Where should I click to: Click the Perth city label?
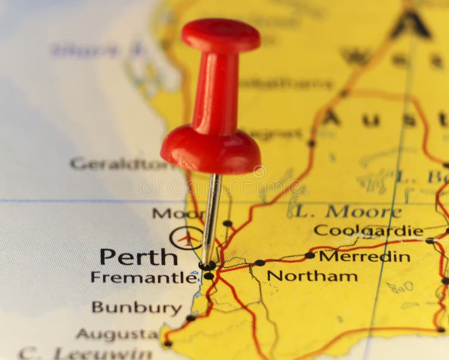139,257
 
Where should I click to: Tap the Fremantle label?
144,277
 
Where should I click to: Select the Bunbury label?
137,308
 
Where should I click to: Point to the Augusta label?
117,334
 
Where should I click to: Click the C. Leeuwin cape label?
85,353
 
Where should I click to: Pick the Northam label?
312,276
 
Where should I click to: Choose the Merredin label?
364,256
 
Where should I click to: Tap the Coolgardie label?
368,230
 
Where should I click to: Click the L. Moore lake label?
348,212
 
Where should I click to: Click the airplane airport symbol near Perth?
185,238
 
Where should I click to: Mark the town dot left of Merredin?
310,255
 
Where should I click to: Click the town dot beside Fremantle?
208,276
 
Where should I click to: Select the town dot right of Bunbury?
191,318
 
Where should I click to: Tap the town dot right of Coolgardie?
429,240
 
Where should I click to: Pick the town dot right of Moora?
227,223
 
